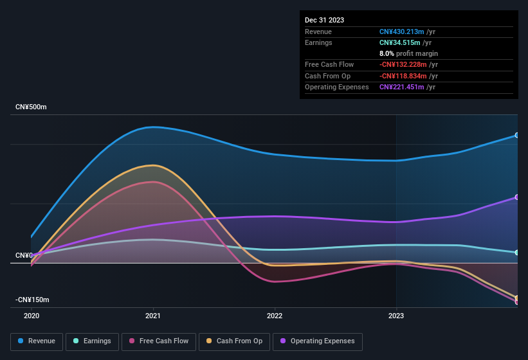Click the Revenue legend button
pyautogui.click(x=37, y=341)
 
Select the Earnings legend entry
pyautogui.click(x=93, y=341)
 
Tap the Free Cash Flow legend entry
pyautogui.click(x=159, y=341)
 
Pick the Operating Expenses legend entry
pyautogui.click(x=317, y=341)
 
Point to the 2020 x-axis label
pyautogui.click(x=32, y=316)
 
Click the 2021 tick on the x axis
pyautogui.click(x=153, y=316)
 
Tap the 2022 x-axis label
pyautogui.click(x=275, y=316)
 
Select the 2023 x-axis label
pyautogui.click(x=396, y=316)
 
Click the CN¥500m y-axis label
pyautogui.click(x=32, y=107)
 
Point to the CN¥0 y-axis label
pyautogui.click(x=24, y=255)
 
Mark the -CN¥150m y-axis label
pyautogui.click(x=33, y=300)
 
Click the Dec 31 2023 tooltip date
pyautogui.click(x=324, y=20)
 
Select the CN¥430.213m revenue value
pyautogui.click(x=401, y=32)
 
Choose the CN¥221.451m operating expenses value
pyautogui.click(x=401, y=87)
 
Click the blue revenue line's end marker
pyautogui.click(x=517, y=135)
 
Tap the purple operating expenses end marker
pyautogui.click(x=517, y=197)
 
